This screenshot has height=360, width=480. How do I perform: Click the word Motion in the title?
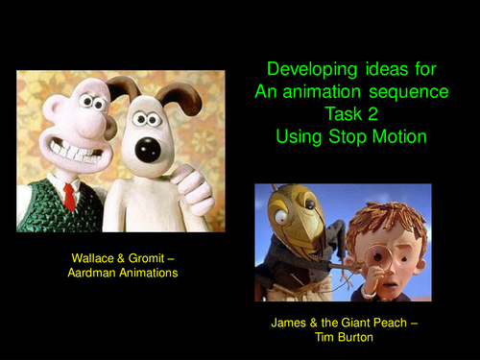(395, 136)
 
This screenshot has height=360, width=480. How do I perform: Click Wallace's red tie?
(69, 197)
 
